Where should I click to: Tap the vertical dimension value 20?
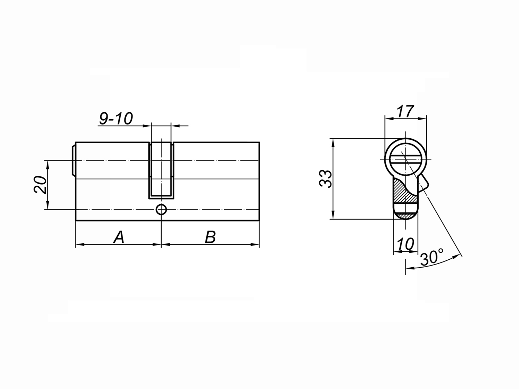coord(40,185)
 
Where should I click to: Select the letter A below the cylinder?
coord(119,237)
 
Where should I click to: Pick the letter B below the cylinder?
coord(210,237)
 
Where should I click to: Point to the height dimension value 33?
coord(326,178)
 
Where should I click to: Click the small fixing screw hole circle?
coord(161,210)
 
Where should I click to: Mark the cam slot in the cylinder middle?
coord(161,170)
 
